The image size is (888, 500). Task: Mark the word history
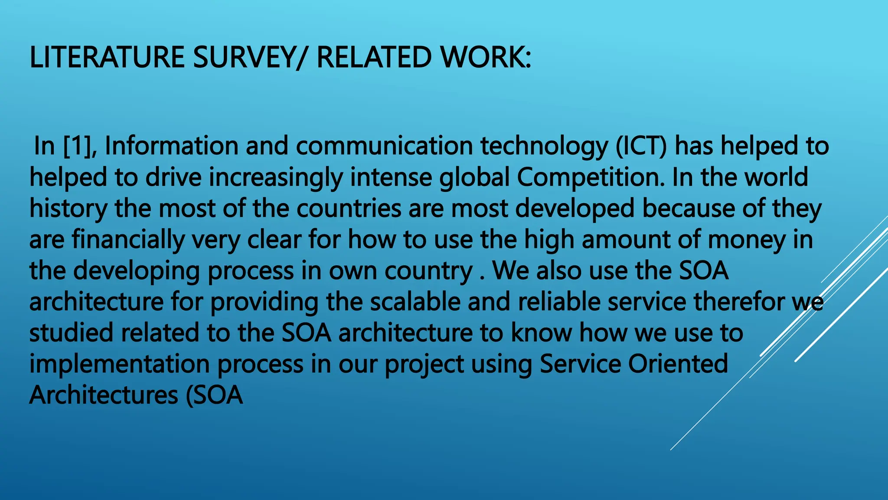tap(68, 209)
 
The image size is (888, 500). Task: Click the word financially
tap(128, 240)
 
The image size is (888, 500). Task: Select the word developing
tap(137, 271)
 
